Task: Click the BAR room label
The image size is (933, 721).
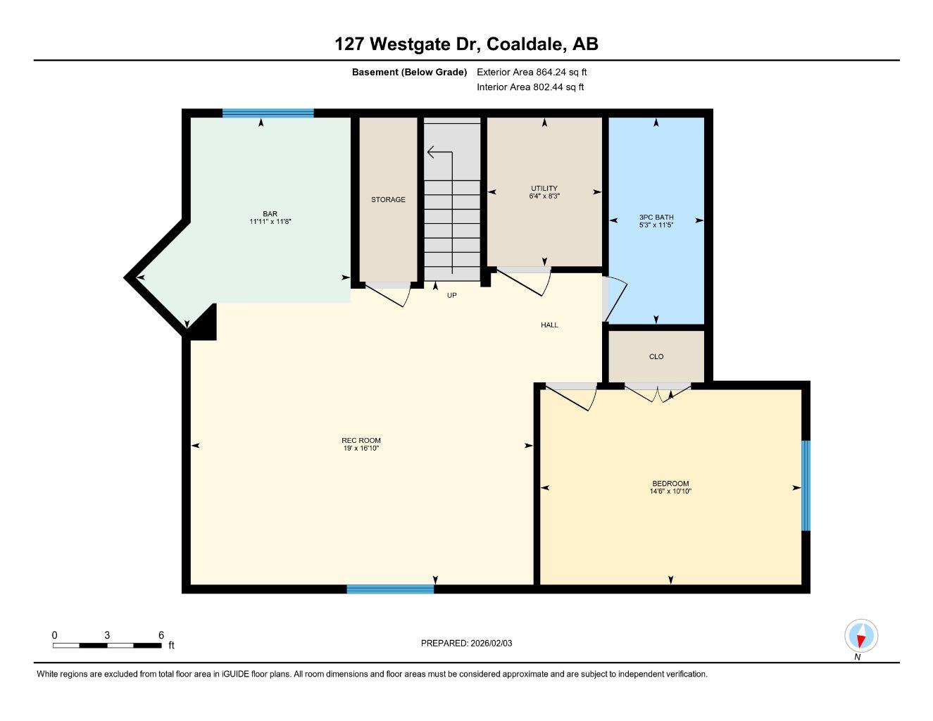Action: click(270, 214)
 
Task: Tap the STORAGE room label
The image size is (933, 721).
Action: click(388, 200)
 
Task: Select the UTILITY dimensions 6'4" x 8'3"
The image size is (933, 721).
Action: click(544, 196)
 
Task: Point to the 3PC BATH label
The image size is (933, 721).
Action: click(656, 218)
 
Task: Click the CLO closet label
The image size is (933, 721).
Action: click(656, 357)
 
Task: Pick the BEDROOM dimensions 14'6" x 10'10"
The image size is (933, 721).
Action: click(670, 492)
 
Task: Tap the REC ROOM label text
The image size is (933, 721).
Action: click(361, 441)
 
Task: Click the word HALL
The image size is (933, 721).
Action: click(549, 325)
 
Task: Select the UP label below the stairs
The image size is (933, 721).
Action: click(451, 296)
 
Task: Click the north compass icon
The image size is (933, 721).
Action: click(860, 636)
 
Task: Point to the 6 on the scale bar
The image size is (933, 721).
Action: click(161, 635)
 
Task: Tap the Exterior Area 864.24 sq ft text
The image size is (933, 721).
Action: click(532, 72)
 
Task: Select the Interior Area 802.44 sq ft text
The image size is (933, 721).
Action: click(530, 87)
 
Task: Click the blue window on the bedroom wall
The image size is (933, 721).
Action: click(806, 486)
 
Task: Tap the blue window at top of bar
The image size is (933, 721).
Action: click(268, 113)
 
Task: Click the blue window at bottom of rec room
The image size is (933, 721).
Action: click(390, 589)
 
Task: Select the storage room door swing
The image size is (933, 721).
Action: click(389, 293)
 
